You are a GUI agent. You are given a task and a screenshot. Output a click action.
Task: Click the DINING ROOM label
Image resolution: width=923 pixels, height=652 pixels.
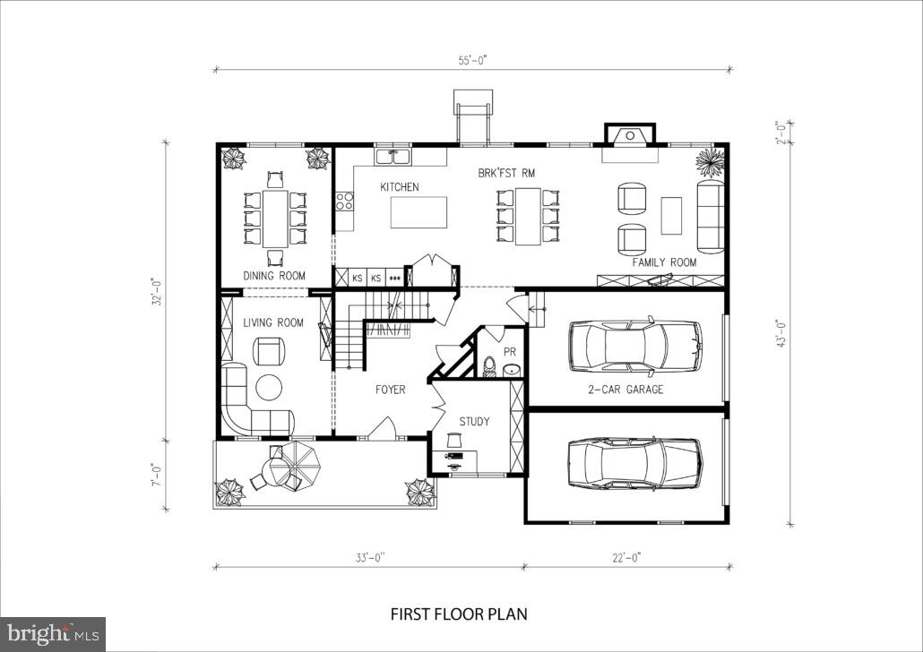(x=274, y=276)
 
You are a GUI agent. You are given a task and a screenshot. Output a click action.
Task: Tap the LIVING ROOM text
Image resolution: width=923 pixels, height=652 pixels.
(x=273, y=322)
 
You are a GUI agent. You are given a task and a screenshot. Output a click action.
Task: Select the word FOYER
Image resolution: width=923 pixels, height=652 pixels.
(x=390, y=390)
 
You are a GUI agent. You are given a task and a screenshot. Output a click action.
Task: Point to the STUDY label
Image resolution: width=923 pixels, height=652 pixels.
(x=474, y=421)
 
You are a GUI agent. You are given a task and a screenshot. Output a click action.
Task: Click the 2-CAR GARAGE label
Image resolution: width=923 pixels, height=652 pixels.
(x=625, y=390)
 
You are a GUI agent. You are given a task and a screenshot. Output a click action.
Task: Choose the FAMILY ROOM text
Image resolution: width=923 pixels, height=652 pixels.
(x=664, y=262)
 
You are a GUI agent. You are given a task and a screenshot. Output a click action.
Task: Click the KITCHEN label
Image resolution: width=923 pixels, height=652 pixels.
(x=400, y=187)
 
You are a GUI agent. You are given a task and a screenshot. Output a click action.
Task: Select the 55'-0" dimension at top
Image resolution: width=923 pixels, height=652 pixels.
(x=471, y=60)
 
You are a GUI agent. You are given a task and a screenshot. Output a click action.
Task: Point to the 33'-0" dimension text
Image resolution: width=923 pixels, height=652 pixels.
(x=369, y=557)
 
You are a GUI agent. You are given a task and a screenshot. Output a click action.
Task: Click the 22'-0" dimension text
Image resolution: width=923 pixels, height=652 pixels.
(x=626, y=557)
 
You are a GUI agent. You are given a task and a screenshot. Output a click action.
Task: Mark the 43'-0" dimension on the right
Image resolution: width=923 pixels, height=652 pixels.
(x=781, y=334)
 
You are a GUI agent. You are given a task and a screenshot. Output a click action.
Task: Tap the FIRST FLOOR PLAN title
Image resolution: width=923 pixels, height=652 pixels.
(x=459, y=614)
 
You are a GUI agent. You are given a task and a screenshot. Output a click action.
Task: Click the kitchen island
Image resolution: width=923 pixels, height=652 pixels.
(x=418, y=212)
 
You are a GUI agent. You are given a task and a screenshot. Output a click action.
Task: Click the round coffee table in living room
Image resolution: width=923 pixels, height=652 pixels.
(x=269, y=387)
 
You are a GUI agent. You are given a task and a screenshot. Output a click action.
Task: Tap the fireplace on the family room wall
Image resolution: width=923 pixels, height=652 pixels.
(x=630, y=136)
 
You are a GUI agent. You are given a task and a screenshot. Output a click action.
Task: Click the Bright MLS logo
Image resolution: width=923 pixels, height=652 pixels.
(x=52, y=633)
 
